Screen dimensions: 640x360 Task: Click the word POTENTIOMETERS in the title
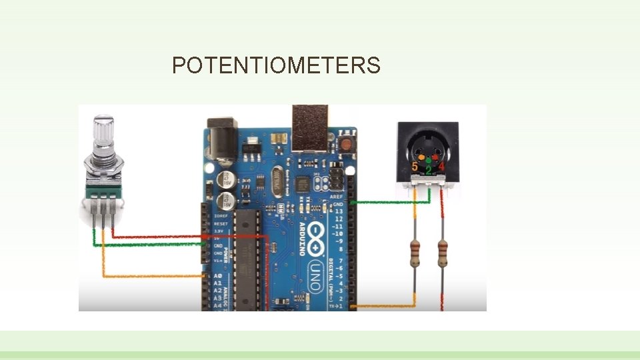(x=276, y=66)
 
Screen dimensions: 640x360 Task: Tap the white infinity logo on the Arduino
(x=317, y=237)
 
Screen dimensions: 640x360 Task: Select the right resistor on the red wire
(x=441, y=254)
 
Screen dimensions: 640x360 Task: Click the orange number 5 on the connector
(x=415, y=165)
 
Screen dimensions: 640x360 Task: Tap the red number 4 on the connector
(x=441, y=165)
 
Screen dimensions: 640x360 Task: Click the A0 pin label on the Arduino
(x=217, y=276)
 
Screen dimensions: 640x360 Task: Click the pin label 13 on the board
(x=339, y=211)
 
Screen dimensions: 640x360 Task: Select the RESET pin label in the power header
(x=221, y=224)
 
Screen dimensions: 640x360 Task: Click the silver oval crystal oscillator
(x=277, y=179)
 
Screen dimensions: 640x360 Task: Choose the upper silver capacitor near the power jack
(x=228, y=179)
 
